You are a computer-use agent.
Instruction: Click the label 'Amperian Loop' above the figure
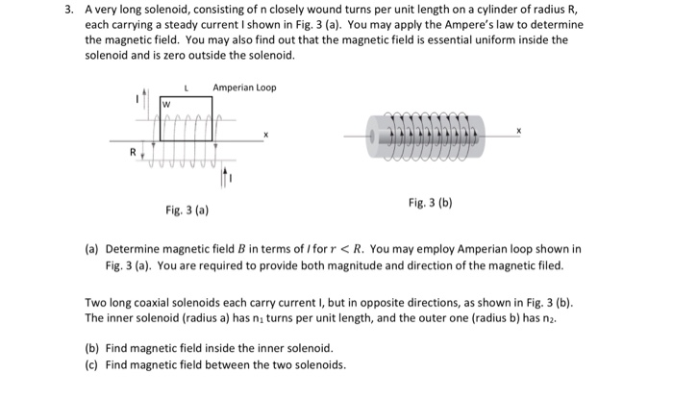[x=244, y=87]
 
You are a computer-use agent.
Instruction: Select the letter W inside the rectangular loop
[x=166, y=103]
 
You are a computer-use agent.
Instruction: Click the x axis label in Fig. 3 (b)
[x=521, y=128]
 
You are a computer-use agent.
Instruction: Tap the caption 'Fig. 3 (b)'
[x=430, y=203]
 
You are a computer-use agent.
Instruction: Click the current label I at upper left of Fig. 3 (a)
[x=136, y=100]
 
